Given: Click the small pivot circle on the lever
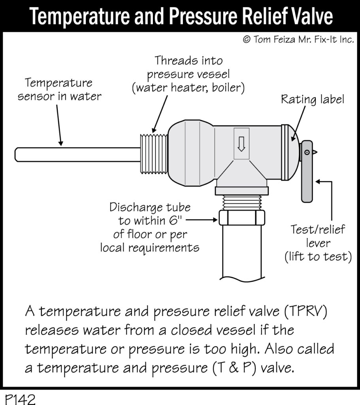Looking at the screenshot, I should click(307, 152).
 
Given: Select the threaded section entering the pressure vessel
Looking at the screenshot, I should click(154, 152).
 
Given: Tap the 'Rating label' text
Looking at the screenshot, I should click(312, 99).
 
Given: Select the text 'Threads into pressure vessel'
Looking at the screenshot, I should click(188, 67).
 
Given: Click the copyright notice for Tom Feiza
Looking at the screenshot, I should click(298, 40).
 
